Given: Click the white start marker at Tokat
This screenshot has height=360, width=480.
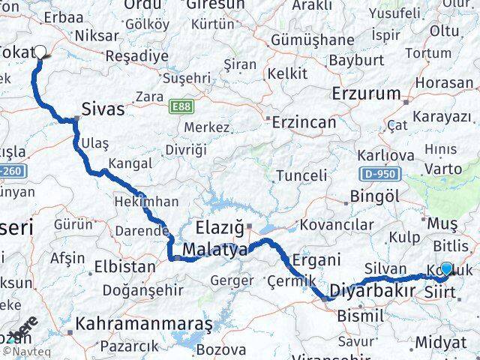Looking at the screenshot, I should tap(40, 52).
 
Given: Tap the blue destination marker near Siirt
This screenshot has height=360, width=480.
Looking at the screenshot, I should tap(447, 268).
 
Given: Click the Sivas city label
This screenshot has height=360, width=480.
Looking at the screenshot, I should tap(103, 110).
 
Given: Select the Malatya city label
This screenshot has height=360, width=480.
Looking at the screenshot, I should tap(214, 250).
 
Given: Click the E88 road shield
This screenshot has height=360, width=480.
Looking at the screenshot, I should tap(180, 106).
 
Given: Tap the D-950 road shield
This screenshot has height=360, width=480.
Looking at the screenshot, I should tap(379, 174).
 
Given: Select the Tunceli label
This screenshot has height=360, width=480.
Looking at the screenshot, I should tap(301, 175).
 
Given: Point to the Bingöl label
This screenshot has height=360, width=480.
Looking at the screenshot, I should tap(373, 198).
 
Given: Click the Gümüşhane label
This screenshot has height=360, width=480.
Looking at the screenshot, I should tap(313, 39).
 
